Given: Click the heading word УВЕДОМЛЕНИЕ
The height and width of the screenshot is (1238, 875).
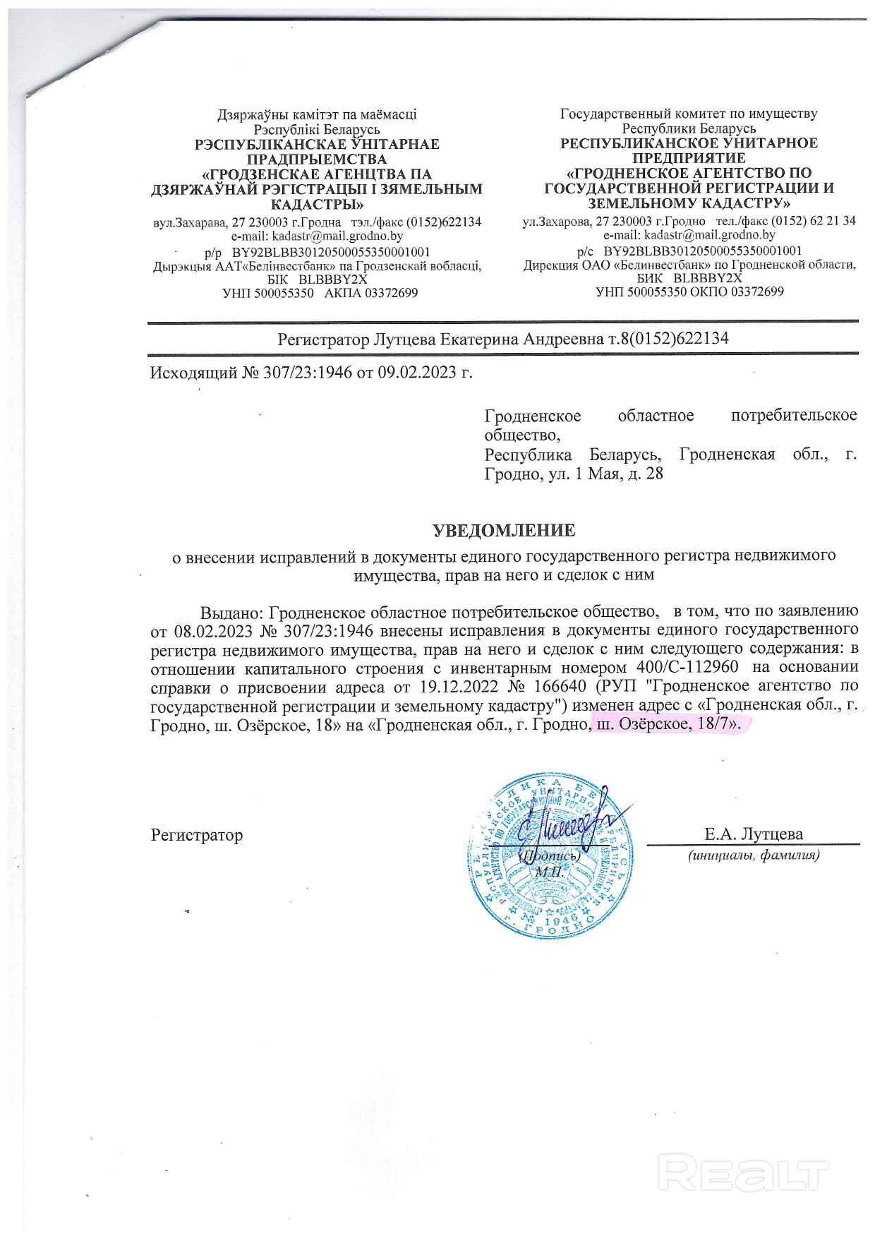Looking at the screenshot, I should coord(504,530).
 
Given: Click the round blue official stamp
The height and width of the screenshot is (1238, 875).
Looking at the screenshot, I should coord(548,855).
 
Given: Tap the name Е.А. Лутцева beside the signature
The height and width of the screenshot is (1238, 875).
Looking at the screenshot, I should coord(753,834).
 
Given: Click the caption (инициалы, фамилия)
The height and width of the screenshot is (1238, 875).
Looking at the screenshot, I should coord(754,855).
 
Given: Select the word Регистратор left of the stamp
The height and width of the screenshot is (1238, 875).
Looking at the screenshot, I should coord(197,836).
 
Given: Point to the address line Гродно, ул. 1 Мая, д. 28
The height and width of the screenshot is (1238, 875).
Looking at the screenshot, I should coord(574,473).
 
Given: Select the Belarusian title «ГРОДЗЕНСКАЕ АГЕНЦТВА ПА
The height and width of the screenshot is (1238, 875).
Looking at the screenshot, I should coord(317,174).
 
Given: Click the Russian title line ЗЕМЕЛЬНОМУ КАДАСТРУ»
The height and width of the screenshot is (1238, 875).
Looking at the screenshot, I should coord(689,203).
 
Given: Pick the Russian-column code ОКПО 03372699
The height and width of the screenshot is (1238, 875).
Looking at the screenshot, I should coord(738,292).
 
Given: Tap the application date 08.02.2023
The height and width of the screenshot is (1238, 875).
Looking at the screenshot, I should coord(213,630).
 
